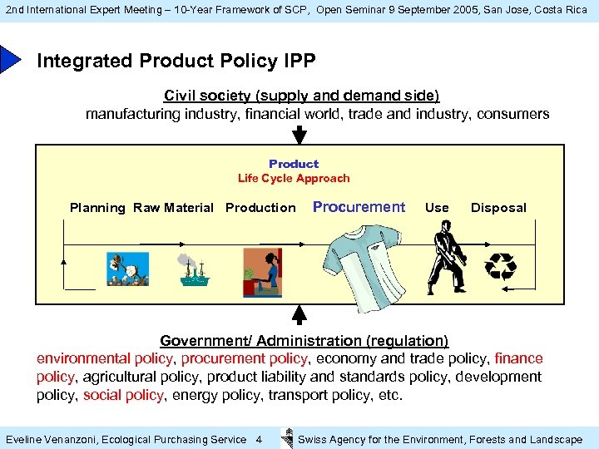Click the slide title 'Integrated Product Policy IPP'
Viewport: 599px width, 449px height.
(176, 62)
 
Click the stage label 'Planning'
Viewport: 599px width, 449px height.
(97, 208)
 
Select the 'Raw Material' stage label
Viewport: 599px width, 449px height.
(173, 208)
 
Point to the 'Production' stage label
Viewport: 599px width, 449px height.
(260, 208)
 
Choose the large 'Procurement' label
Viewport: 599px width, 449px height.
(359, 207)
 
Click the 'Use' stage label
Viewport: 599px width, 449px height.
(437, 208)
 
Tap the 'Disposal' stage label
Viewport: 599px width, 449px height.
(498, 208)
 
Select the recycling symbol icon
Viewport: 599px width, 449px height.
(501, 266)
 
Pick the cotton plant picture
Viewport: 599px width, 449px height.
(127, 269)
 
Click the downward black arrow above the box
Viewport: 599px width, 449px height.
(300, 133)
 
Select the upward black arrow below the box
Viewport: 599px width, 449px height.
(300, 314)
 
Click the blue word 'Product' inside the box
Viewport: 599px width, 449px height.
(294, 164)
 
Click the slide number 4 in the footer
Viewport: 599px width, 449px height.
(259, 439)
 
